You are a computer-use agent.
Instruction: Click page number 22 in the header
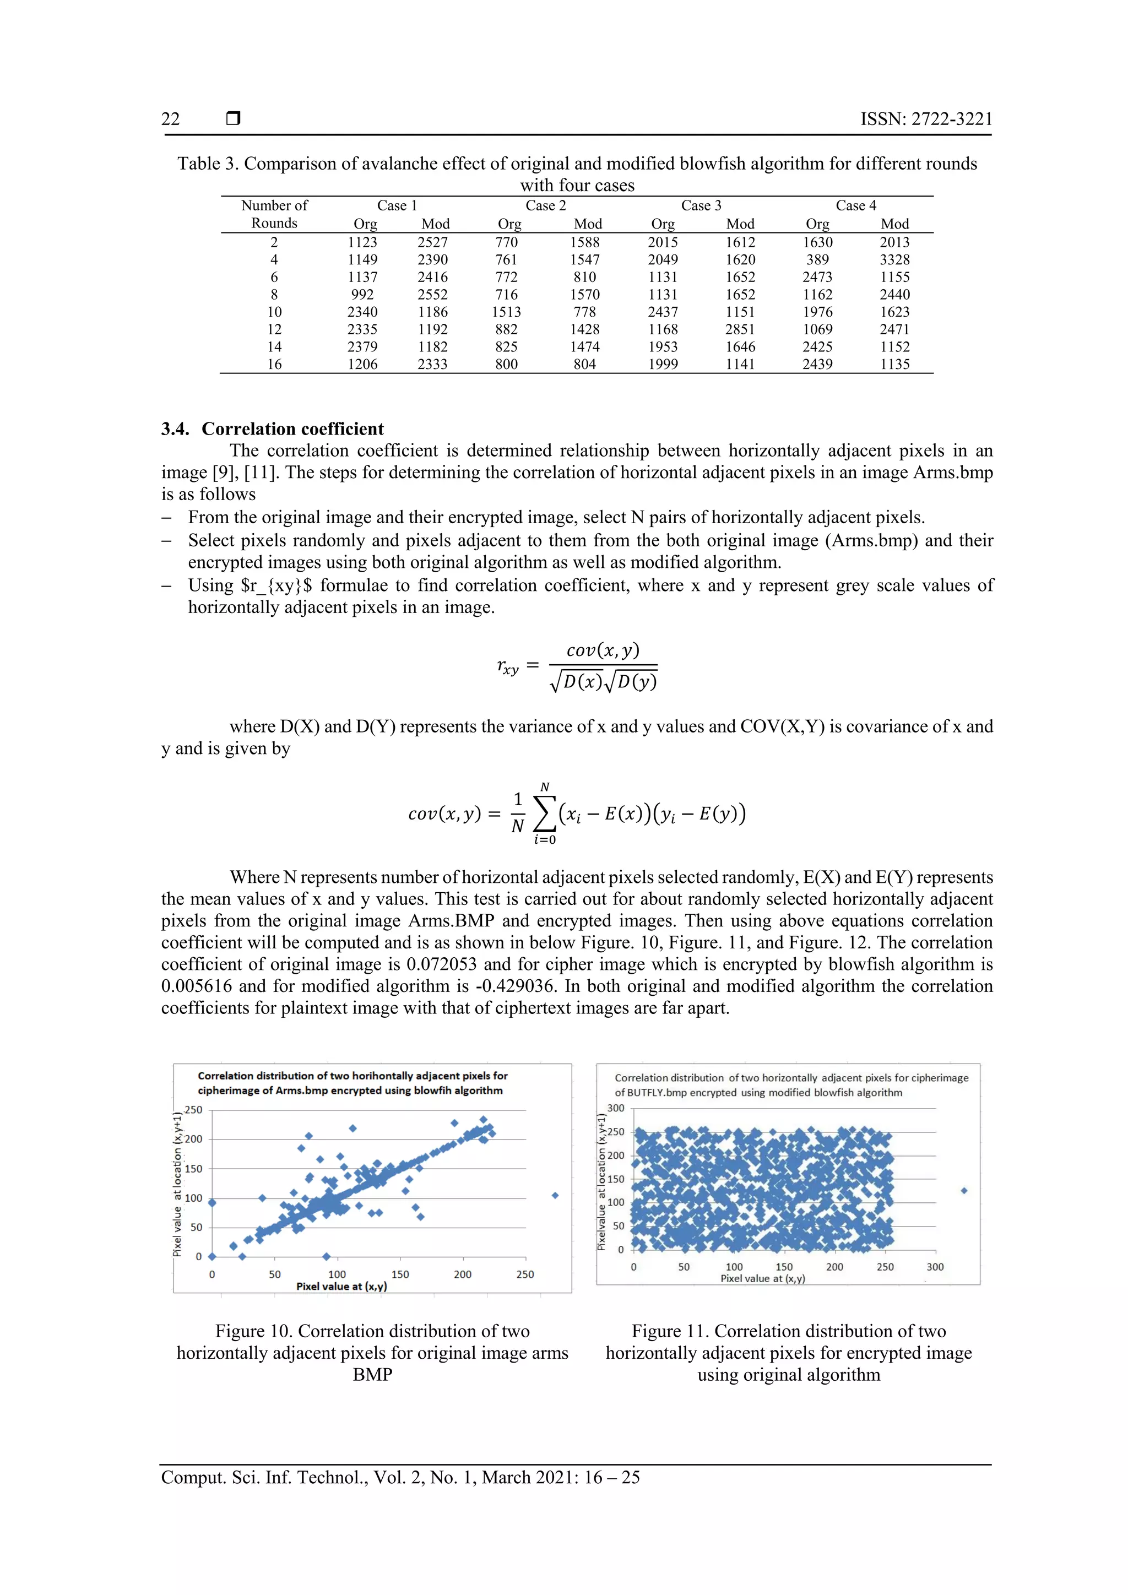point(170,119)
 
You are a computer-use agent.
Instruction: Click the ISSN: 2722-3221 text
point(926,119)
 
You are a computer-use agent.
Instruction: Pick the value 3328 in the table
point(894,260)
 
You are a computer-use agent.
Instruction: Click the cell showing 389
point(817,260)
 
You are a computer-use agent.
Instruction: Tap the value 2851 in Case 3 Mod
point(740,329)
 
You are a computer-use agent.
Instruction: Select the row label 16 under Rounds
point(274,364)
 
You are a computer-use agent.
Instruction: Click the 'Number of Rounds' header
point(274,214)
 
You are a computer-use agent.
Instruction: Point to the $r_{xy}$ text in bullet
point(276,585)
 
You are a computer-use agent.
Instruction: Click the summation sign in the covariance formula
point(545,813)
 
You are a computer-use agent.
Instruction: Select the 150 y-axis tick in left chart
point(194,1169)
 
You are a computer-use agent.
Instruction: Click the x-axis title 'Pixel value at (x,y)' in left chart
point(341,1286)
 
